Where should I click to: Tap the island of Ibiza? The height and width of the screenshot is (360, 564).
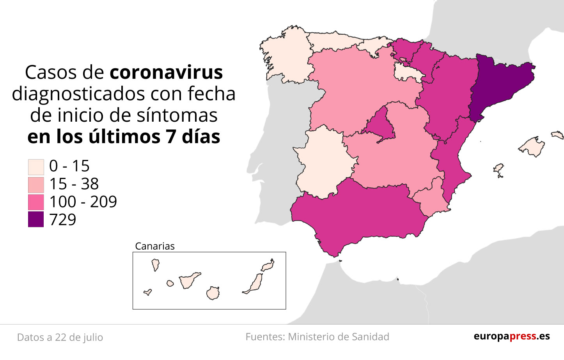click(x=498, y=170)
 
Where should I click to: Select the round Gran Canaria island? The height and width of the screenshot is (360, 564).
click(x=213, y=293)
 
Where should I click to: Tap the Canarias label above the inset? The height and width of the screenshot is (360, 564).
click(x=155, y=246)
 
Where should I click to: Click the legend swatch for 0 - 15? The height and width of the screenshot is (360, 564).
click(x=36, y=167)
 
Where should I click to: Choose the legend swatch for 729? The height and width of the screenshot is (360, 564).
click(x=36, y=220)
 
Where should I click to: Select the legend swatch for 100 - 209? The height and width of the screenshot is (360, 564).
click(x=36, y=202)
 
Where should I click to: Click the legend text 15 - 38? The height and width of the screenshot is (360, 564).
click(x=74, y=184)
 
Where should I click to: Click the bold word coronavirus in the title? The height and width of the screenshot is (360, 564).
click(x=166, y=73)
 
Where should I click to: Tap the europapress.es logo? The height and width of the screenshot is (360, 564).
click(x=512, y=336)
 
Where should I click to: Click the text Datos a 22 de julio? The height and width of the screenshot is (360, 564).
click(x=60, y=337)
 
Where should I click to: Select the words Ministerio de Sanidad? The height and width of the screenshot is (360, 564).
click(x=339, y=337)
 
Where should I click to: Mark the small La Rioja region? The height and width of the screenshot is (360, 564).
click(x=406, y=72)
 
